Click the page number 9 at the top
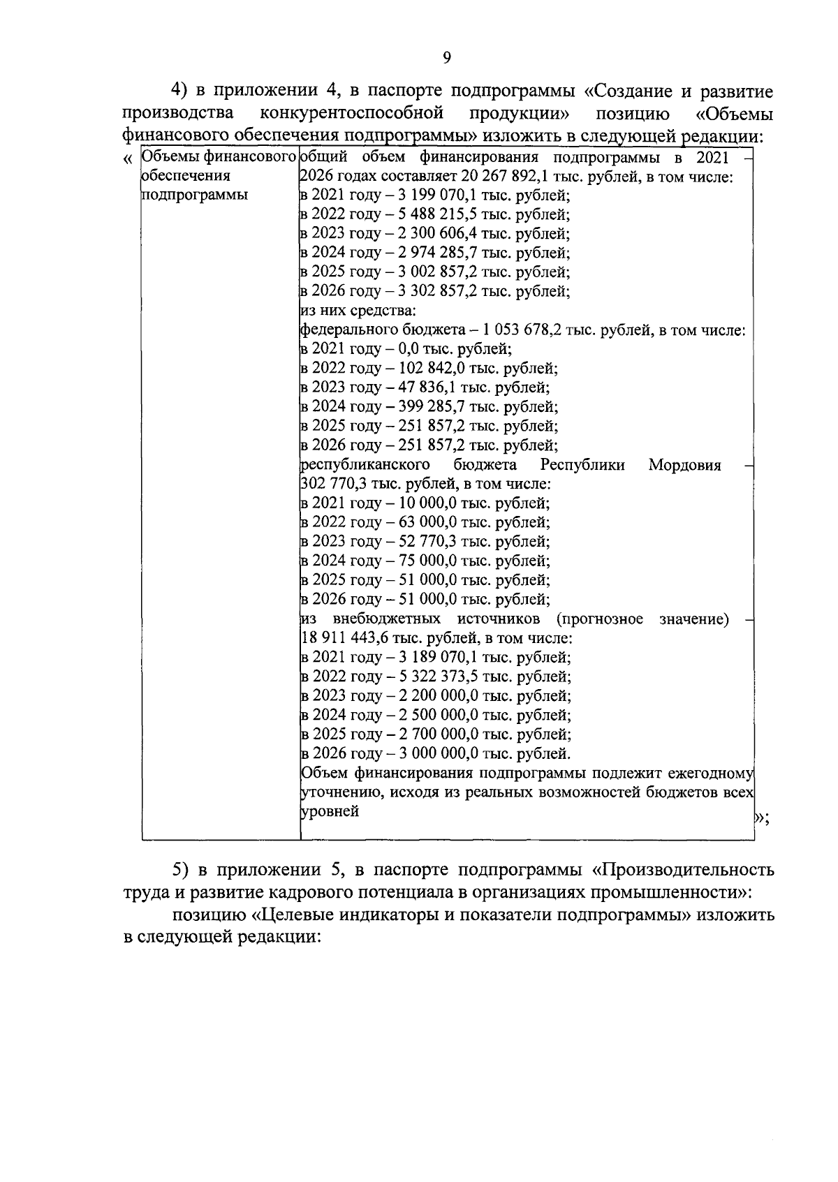447,59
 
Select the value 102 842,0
433,368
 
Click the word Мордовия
684,465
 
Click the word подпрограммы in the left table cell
195,195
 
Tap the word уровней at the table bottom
330,811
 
